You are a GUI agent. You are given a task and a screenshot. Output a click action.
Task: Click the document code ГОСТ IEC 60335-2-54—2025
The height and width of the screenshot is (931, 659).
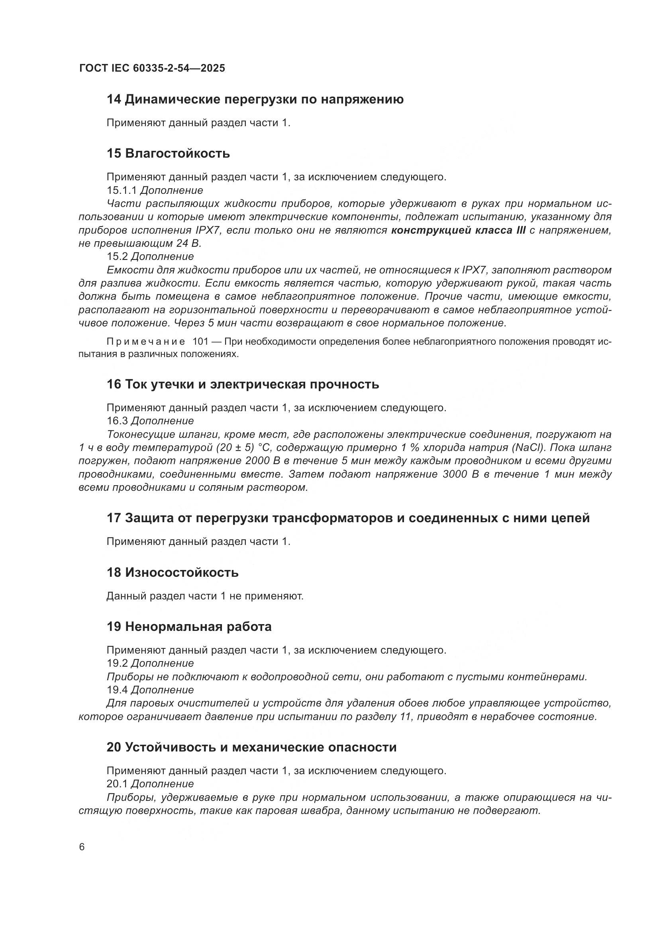[152, 68]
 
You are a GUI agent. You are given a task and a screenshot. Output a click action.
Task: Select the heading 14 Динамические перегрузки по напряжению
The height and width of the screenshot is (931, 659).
[255, 99]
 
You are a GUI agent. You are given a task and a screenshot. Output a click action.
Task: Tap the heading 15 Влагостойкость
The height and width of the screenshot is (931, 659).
[168, 153]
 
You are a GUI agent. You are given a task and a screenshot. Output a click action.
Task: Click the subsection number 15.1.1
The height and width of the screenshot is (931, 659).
[122, 190]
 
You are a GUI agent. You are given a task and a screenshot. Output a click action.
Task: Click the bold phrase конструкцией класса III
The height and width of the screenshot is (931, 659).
[458, 230]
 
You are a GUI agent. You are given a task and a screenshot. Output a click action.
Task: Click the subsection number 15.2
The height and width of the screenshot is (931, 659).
[117, 257]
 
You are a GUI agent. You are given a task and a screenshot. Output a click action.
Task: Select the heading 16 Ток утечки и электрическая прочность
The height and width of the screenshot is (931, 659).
[243, 384]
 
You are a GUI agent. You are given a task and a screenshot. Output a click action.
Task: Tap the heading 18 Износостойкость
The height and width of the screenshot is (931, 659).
[173, 572]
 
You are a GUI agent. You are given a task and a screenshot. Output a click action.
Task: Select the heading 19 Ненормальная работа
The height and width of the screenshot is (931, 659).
[189, 627]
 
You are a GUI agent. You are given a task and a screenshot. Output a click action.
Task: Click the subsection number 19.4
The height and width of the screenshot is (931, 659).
[117, 690]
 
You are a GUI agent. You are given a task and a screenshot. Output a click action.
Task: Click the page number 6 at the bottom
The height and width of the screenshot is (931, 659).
[82, 847]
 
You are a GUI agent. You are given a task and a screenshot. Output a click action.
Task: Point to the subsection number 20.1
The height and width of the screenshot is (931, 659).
[117, 784]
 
